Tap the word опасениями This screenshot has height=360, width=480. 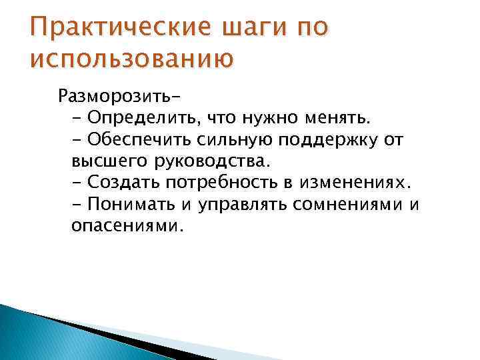[x=126, y=225]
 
